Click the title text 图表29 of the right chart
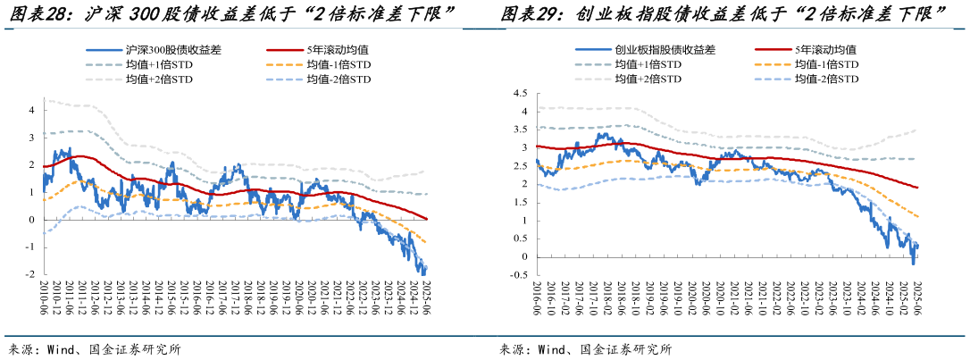click(x=529, y=14)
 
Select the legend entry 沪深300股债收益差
click(x=171, y=50)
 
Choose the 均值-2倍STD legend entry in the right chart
click(x=826, y=80)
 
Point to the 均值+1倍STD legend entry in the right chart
click(x=648, y=65)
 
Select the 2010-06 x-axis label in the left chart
click(x=43, y=299)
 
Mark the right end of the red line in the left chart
click(x=427, y=219)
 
